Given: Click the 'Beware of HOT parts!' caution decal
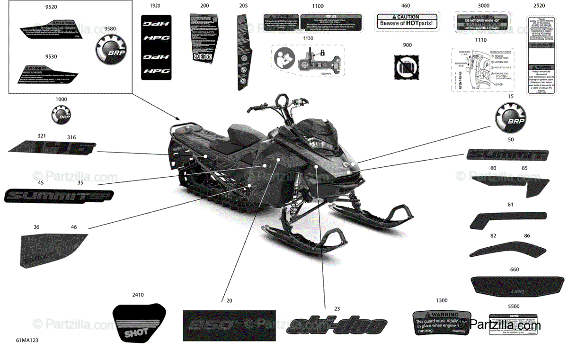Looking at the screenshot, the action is [x=406, y=21].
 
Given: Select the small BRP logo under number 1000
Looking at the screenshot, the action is [x=62, y=116].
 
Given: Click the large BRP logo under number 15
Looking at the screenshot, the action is [x=511, y=120].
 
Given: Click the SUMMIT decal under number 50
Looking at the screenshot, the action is [x=507, y=154].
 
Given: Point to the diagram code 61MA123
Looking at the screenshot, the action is [x=27, y=341].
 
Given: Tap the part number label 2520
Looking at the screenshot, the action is [x=539, y=6].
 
